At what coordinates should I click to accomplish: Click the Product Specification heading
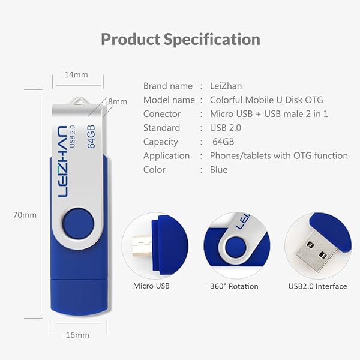pos(180,40)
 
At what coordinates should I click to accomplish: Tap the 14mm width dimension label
pos(77,75)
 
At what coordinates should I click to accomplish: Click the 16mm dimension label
pos(78,334)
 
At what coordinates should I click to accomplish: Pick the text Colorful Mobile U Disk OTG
pos(267,100)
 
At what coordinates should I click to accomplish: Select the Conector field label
pos(162,114)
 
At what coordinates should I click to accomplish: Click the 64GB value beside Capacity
pos(223,142)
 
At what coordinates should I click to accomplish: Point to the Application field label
pos(166,155)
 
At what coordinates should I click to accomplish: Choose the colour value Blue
pos(218,170)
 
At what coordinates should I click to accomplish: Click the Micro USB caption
pos(151,286)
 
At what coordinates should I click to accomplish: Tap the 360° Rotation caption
pos(234,286)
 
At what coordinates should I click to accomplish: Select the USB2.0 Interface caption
pos(317,286)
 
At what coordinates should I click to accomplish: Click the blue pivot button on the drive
pos(79,221)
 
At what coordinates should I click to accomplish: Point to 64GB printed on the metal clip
pos(92,136)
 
